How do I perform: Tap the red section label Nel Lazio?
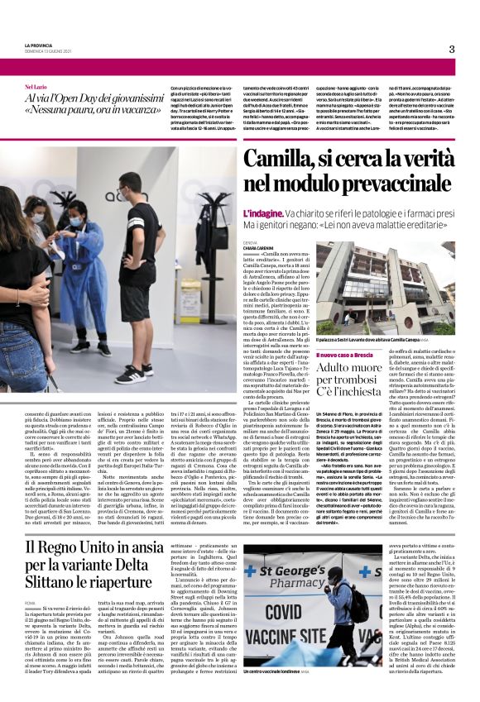[36, 86]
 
